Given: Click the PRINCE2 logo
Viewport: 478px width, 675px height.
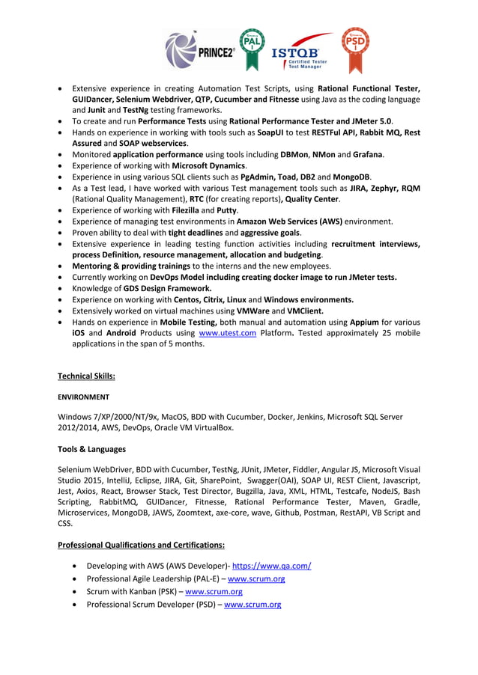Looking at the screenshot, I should point(199,50).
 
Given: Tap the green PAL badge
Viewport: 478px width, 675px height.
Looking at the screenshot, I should point(252,48).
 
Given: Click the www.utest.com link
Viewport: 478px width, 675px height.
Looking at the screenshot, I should point(227,332).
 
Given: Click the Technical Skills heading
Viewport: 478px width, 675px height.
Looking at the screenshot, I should point(86,376).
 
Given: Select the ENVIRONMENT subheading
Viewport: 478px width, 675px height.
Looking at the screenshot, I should point(83,397).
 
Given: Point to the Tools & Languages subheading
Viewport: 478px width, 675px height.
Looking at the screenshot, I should point(91,449).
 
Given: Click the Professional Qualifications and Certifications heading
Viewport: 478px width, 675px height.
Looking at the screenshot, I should point(142,544).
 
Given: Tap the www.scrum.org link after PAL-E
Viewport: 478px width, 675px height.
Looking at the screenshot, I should point(255,578).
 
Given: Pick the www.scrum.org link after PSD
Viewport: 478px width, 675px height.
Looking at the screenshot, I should point(252,604).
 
